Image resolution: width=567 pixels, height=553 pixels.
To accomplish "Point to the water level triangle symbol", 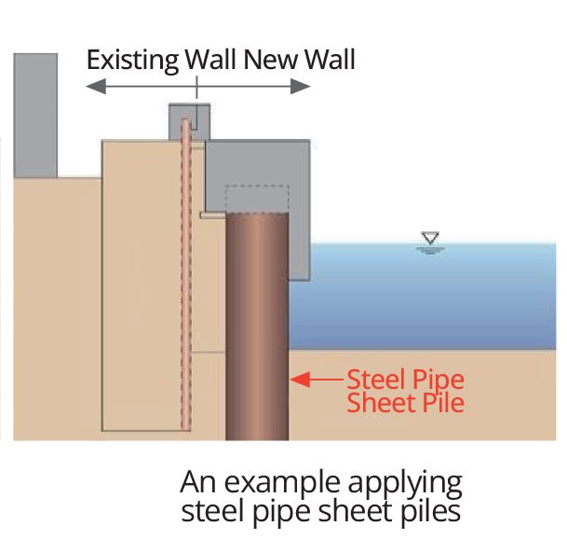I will (428, 239).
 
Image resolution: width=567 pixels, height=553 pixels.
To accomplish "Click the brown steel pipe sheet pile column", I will (257, 326).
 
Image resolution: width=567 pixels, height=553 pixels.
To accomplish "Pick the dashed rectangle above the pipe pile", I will (257, 198).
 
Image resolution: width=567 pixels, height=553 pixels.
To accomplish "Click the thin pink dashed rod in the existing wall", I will (185, 280).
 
